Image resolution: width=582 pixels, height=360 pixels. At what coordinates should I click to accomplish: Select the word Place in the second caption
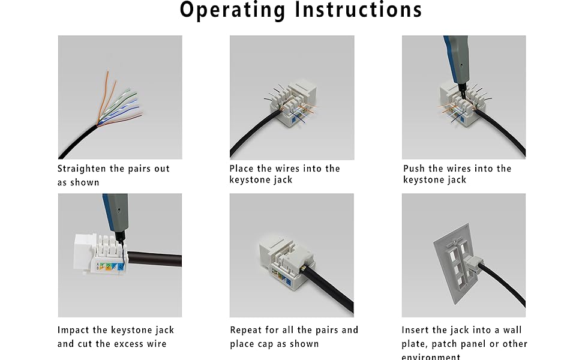[x=242, y=169]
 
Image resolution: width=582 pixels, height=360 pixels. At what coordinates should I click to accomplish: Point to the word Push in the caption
[x=415, y=169]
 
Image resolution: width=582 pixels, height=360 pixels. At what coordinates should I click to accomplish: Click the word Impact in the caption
[x=74, y=330]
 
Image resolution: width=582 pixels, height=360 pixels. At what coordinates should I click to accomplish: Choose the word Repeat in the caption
[x=248, y=330]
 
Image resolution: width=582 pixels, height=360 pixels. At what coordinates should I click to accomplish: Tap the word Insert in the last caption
[x=416, y=330]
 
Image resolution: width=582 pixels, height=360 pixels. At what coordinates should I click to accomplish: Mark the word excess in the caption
[x=133, y=344]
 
